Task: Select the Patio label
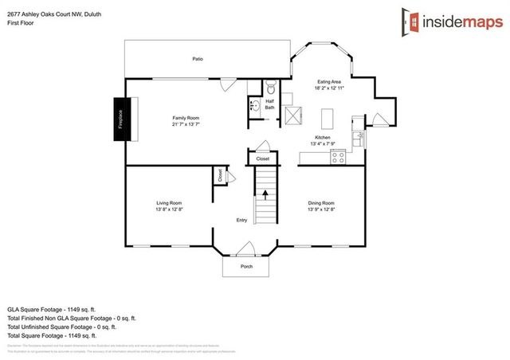tap(197, 59)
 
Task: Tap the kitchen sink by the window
tap(361, 139)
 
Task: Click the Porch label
tap(246, 266)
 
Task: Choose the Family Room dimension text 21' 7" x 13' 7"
tap(185, 124)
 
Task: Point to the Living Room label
tap(169, 203)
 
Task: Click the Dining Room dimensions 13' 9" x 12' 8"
tap(321, 209)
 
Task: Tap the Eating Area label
tap(329, 81)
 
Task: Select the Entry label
tap(241, 221)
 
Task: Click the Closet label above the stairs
tap(262, 159)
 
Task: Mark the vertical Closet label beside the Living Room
tap(219, 176)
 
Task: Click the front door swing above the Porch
tap(246, 248)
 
